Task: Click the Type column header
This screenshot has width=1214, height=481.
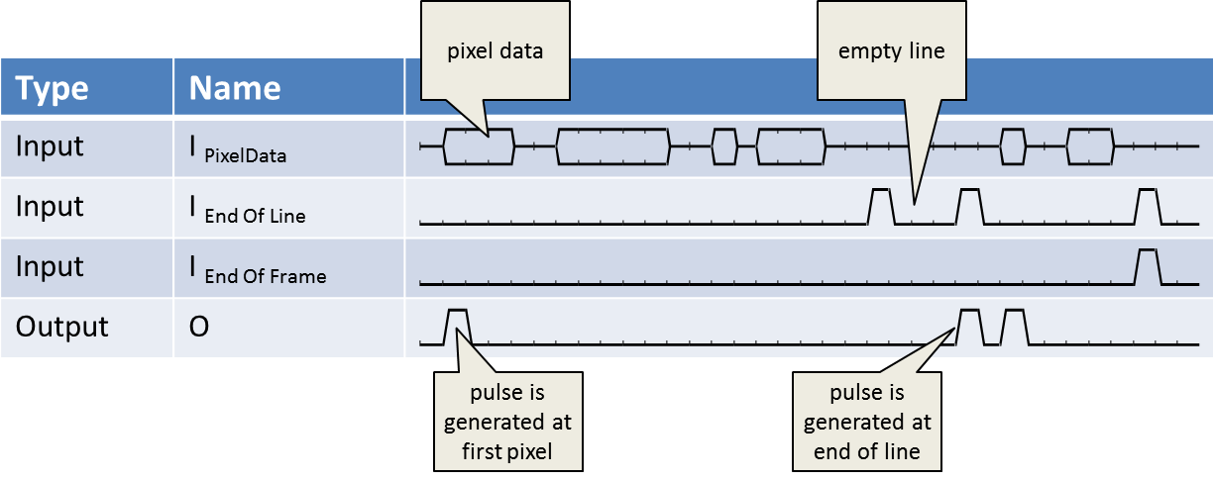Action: pyautogui.click(x=52, y=89)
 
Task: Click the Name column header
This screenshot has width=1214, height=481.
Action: pyautogui.click(x=235, y=89)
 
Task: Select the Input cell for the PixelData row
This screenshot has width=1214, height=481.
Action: pyautogui.click(x=50, y=146)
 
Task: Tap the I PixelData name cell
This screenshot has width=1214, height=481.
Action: pyautogui.click(x=238, y=149)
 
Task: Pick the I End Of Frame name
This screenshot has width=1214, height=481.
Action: pyautogui.click(x=258, y=270)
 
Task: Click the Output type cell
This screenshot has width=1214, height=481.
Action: pyautogui.click(x=61, y=327)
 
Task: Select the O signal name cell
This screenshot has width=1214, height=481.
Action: pyautogui.click(x=199, y=327)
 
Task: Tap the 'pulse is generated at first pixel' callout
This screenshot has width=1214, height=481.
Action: pyautogui.click(x=507, y=421)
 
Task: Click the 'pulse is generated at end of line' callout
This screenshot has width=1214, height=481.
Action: pyautogui.click(x=867, y=421)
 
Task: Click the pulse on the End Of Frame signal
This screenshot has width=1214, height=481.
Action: pyautogui.click(x=1147, y=265)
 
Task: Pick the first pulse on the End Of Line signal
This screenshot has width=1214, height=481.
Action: pyautogui.click(x=880, y=205)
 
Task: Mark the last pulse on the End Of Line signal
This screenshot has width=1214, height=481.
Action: pyautogui.click(x=1147, y=205)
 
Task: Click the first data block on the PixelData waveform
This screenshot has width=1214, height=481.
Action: pyautogui.click(x=479, y=146)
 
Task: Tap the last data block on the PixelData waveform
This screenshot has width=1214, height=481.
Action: pyautogui.click(x=1090, y=146)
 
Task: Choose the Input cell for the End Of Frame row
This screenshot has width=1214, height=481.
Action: pyautogui.click(x=50, y=267)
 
